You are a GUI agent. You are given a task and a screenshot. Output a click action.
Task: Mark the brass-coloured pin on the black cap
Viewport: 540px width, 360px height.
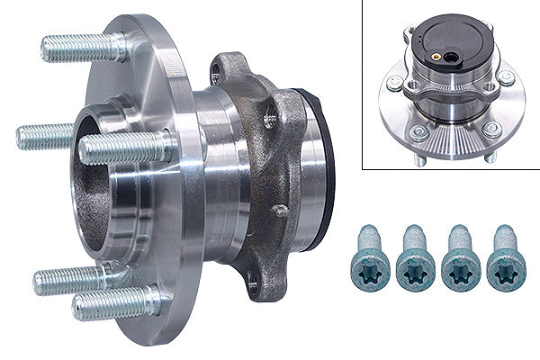436,56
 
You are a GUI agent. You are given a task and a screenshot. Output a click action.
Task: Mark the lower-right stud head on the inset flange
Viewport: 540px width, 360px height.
491,130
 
